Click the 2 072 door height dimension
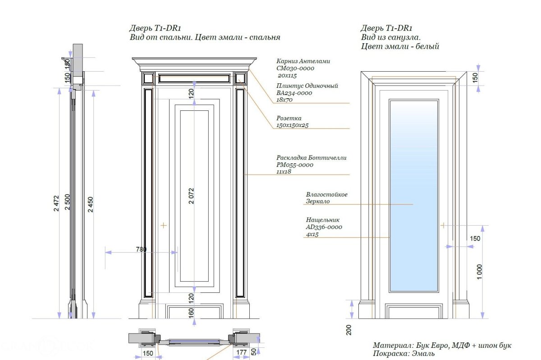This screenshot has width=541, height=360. pyautogui.click(x=191, y=196)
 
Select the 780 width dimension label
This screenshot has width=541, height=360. pyautogui.click(x=141, y=249)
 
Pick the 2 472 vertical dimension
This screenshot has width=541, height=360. pyautogui.click(x=56, y=205)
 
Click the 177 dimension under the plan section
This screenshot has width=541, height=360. pyautogui.click(x=242, y=353)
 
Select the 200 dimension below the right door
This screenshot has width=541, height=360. pyautogui.click(x=348, y=330)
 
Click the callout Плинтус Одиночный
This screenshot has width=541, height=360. pyautogui.click(x=307, y=86)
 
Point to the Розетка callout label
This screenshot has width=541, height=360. pyautogui.click(x=289, y=118)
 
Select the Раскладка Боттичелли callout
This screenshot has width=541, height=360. pyautogui.click(x=312, y=158)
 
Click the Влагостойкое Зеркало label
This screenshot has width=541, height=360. pyautogui.click(x=326, y=198)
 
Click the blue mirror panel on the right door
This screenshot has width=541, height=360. pyautogui.click(x=413, y=196)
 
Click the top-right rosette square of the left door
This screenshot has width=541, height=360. pyautogui.click(x=240, y=79)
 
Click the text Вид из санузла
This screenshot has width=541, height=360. pyautogui.click(x=390, y=37)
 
